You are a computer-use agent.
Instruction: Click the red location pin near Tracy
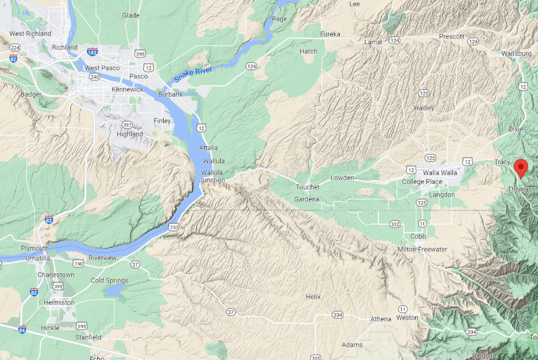coord(521,167)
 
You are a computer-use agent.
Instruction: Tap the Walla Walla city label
coord(440,173)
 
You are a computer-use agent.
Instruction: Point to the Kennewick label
coord(127,89)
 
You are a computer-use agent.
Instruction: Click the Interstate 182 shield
coord(92,51)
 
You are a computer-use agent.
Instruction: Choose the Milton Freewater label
coord(422,249)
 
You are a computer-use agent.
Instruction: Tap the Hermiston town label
coord(59,302)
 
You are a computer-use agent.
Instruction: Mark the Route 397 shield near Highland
coord(126,125)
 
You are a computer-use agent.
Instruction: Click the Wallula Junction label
coord(212,176)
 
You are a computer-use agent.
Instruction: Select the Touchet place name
coord(308,187)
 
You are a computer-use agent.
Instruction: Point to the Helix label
coord(313,297)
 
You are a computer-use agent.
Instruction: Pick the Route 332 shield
coord(395,224)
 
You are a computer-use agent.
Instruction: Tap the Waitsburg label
coord(516,53)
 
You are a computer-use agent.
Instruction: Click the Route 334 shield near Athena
coord(337,315)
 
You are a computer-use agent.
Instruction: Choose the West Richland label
coord(30,33)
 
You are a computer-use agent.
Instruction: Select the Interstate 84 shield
coord(22,329)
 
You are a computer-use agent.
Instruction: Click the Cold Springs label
coord(110,280)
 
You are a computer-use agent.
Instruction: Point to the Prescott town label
coord(452,36)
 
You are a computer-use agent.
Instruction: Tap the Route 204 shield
coord(471,332)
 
